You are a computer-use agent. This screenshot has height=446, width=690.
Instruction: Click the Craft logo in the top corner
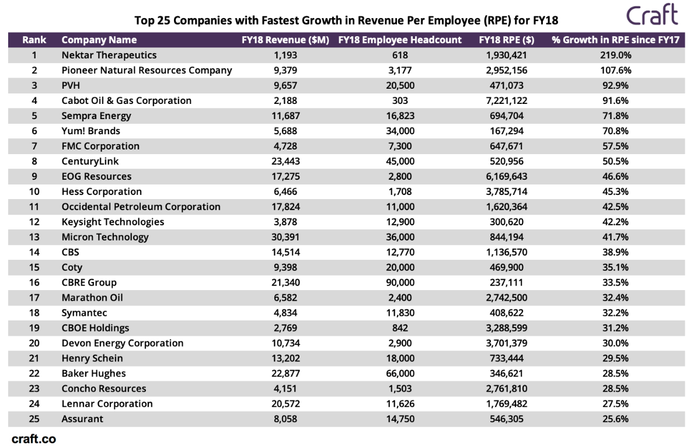tap(652, 15)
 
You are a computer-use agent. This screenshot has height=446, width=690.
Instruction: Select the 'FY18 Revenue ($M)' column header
tap(285, 40)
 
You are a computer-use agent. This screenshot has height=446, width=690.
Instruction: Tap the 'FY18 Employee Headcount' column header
tap(400, 40)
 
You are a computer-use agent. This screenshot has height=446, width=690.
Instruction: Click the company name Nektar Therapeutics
tap(109, 55)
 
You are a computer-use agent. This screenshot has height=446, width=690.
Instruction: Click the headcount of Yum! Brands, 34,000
tap(400, 131)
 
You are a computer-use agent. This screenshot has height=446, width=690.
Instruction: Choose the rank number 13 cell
tap(34, 237)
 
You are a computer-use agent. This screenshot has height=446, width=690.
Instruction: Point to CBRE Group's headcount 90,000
tap(400, 283)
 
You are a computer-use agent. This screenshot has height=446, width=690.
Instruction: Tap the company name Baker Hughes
tap(93, 374)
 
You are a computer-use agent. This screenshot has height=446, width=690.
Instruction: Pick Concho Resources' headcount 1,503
tap(400, 389)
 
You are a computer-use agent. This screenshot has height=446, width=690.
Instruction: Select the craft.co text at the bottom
tap(34, 439)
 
